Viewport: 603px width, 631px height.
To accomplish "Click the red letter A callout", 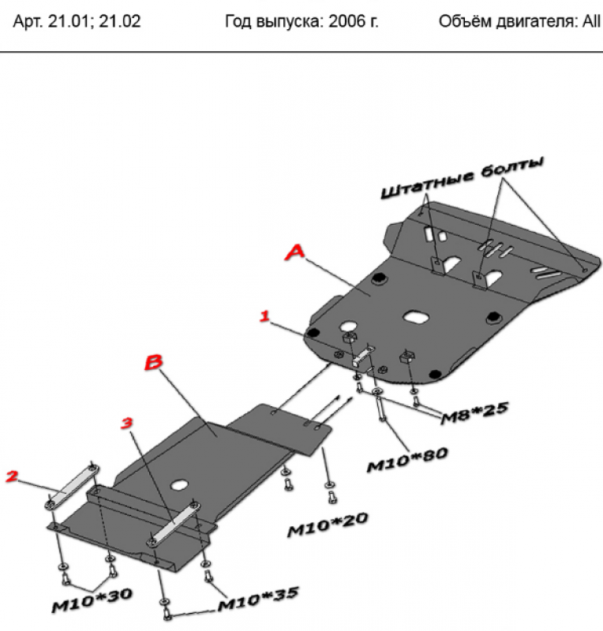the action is click(295, 252).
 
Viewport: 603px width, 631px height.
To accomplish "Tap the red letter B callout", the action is click(153, 362).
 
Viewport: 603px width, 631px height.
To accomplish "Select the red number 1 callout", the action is click(264, 316).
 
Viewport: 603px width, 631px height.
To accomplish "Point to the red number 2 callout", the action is click(12, 476).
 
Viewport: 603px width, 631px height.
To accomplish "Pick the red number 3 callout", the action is click(126, 423).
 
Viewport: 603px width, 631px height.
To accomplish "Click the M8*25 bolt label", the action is click(474, 413).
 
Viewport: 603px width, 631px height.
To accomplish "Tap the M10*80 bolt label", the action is click(407, 460).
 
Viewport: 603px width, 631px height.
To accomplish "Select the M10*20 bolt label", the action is click(328, 525).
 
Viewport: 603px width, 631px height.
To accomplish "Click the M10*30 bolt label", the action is click(92, 600).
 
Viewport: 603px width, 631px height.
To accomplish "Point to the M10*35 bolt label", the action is click(258, 599).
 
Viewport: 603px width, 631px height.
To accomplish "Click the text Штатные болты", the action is click(463, 177).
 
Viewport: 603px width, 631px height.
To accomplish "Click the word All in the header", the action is click(591, 21).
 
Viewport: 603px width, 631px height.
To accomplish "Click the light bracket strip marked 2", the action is click(73, 487).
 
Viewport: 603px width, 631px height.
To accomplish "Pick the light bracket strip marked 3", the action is click(174, 523).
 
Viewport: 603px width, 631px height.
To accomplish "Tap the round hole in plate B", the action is click(179, 485).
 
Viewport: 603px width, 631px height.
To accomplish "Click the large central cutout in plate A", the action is click(417, 316).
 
